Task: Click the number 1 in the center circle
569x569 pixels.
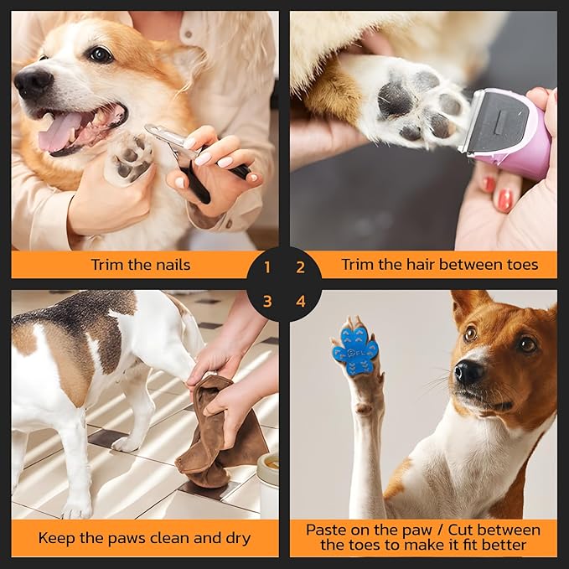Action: click(267, 268)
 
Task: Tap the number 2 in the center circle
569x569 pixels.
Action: click(300, 268)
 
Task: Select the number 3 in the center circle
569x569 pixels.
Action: click(267, 301)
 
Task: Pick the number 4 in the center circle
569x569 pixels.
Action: click(300, 301)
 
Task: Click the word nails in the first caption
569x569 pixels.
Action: click(171, 265)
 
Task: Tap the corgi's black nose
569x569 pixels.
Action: click(34, 81)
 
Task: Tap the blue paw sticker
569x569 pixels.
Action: click(354, 345)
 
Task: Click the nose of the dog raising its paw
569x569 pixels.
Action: click(468, 371)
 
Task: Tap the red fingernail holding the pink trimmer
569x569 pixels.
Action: click(504, 199)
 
